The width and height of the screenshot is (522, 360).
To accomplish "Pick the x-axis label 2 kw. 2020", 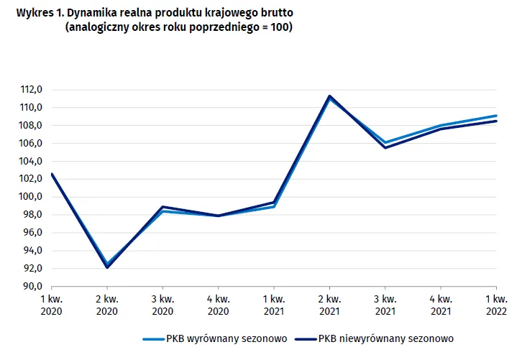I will pos(107,305).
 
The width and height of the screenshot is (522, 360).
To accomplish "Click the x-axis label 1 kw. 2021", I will pos(274,305).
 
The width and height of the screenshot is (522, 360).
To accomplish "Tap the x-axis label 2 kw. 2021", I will pos(329,305).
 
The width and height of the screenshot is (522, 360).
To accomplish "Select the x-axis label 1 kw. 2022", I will pos(496,305).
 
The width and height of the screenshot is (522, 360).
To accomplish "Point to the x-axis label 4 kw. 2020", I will pos(219,305).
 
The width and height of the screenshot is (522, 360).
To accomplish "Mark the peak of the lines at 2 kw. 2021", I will pos(329,96).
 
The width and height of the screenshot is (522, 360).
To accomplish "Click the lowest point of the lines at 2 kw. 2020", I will pos(107,267).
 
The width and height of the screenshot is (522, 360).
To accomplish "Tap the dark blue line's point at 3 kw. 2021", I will pos(385,147).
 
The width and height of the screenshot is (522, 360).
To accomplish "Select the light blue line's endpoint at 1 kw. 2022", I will pos(496,116).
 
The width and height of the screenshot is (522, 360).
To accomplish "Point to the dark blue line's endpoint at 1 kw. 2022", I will pos(496,121).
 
